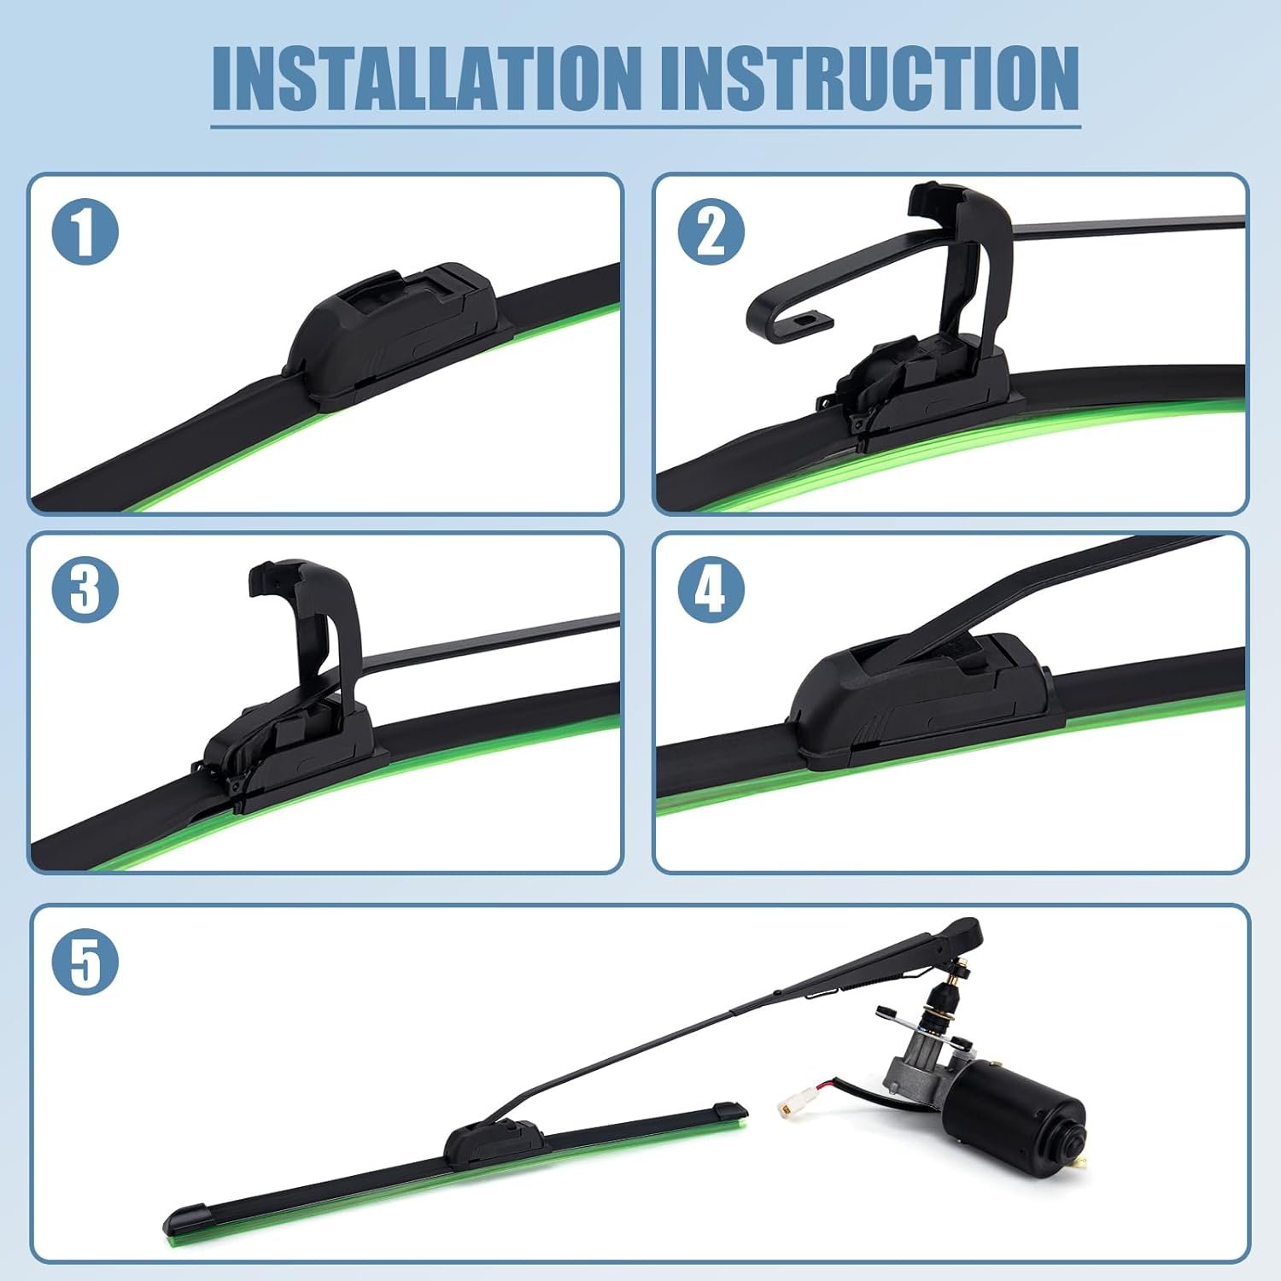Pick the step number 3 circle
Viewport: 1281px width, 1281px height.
(85, 589)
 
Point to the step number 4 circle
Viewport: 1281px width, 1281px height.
(711, 589)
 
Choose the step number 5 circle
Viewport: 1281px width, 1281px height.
(85, 962)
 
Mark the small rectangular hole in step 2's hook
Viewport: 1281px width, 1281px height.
(805, 319)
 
